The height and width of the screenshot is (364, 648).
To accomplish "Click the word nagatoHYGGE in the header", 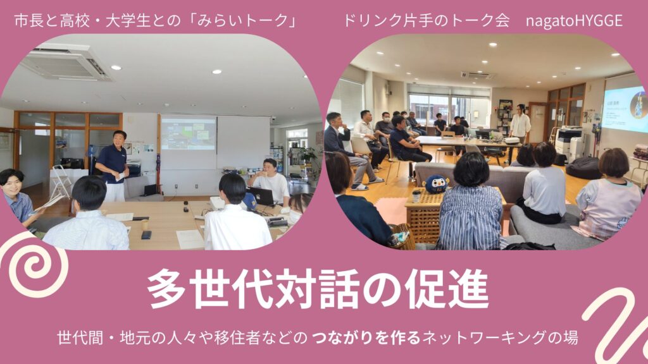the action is (574, 21).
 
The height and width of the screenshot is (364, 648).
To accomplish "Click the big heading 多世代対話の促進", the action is (318, 289).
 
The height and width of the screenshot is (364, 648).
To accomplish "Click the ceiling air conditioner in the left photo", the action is (66, 62).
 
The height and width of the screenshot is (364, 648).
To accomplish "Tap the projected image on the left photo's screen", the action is (188, 134).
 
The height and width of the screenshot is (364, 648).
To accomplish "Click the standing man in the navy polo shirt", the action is (113, 166).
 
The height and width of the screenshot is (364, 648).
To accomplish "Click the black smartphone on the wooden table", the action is (146, 235).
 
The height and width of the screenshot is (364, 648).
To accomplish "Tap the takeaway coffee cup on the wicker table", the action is (416, 196).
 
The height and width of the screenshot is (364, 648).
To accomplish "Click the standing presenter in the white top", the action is (519, 123).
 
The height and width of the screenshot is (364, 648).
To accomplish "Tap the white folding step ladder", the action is (60, 182).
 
